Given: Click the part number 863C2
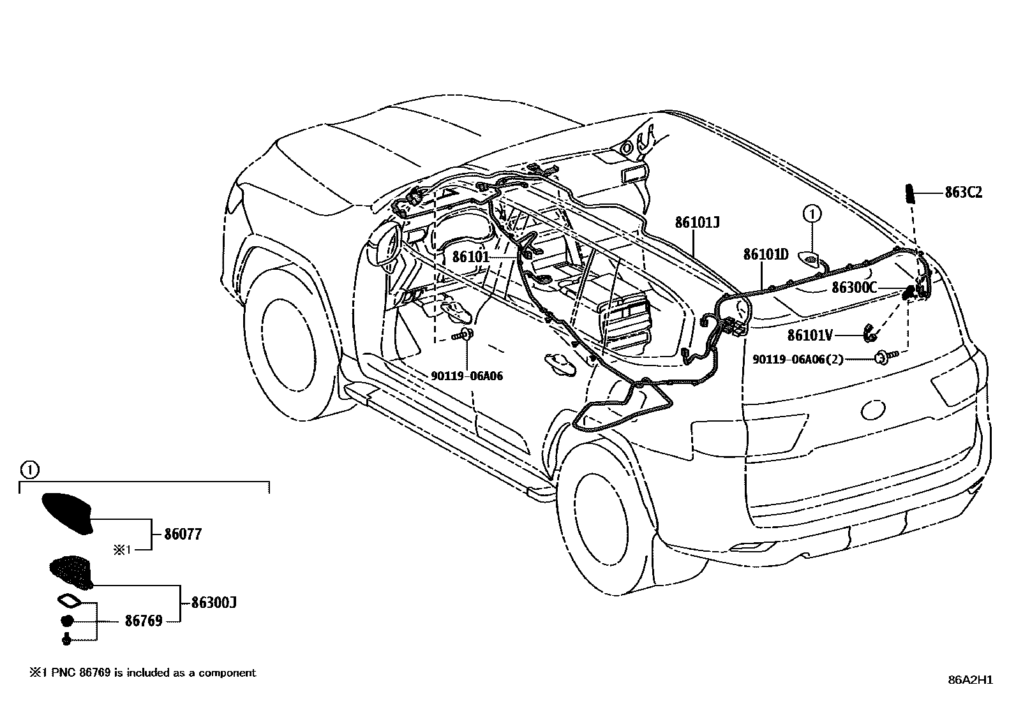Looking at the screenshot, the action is pyautogui.click(x=964, y=193).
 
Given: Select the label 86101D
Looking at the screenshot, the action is pyautogui.click(x=766, y=255).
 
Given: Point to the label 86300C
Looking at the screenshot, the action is pyautogui.click(x=855, y=288).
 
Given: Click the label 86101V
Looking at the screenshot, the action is pyautogui.click(x=810, y=335).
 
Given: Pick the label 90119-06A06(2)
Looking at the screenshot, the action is pyautogui.click(x=798, y=359).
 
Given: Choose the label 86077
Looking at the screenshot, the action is pyautogui.click(x=183, y=534).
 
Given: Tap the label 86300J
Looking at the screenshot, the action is pyautogui.click(x=214, y=603).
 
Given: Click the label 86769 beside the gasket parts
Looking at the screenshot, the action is pyautogui.click(x=144, y=620).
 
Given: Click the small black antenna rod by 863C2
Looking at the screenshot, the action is pyautogui.click(x=909, y=195).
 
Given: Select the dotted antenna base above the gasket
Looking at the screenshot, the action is pyautogui.click(x=71, y=571).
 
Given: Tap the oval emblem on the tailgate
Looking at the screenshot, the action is pyautogui.click(x=872, y=410).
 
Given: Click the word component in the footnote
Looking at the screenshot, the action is pyautogui.click(x=227, y=673).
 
